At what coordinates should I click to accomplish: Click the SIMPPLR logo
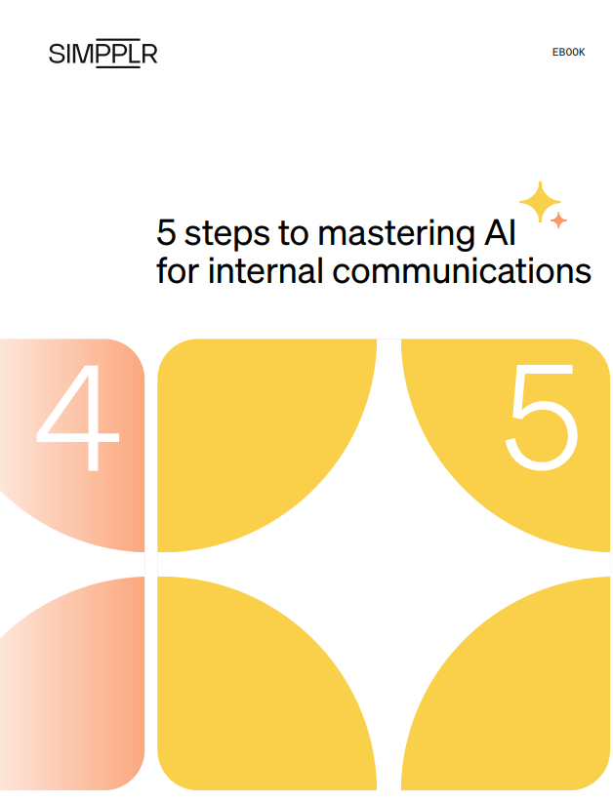(x=102, y=54)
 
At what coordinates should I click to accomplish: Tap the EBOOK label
(x=568, y=53)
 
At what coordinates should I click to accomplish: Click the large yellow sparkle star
(x=539, y=202)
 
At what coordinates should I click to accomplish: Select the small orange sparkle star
(x=558, y=221)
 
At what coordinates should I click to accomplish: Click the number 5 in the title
(x=166, y=234)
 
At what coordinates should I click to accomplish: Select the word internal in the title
(x=269, y=270)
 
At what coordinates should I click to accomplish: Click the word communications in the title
(x=462, y=270)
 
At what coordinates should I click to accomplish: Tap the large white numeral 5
(x=543, y=418)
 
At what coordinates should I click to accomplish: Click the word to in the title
(x=297, y=235)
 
